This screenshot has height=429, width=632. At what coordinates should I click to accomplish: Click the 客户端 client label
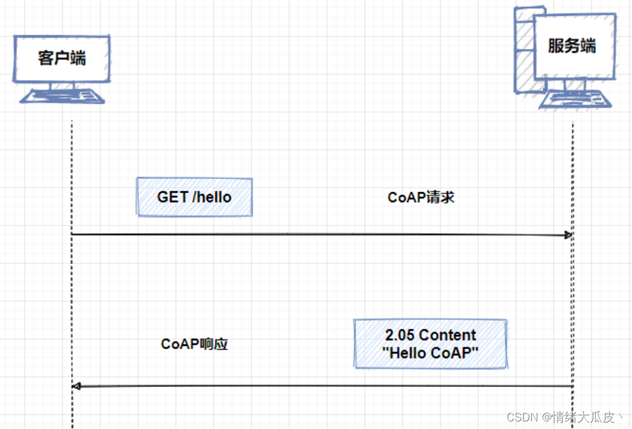point(62,59)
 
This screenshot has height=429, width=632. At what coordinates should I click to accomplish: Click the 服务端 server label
point(572,46)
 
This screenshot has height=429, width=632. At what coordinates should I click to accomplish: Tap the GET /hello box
point(195,197)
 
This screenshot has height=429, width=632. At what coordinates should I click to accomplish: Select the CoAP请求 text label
point(421,197)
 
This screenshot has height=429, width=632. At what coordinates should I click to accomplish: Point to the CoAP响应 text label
point(194,344)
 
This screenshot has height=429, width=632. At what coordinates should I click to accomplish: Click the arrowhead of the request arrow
point(568,235)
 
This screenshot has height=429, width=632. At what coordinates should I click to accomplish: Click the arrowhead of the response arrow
point(76,386)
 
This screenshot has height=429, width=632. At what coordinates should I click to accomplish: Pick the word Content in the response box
point(447,335)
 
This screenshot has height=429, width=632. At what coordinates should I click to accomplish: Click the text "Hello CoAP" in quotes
point(430,353)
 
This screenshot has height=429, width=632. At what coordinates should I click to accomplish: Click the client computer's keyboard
point(62,96)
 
